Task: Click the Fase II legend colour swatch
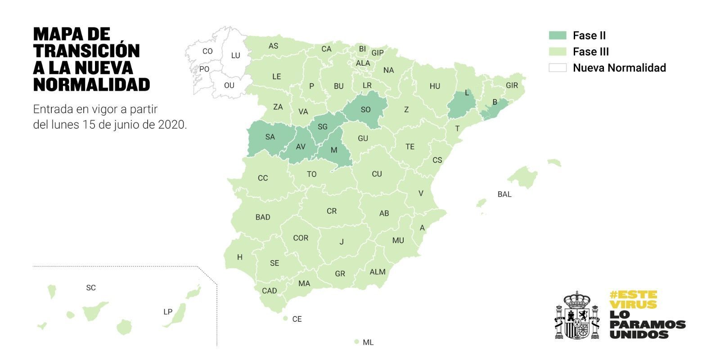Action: click(557, 36)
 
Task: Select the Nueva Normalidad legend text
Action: click(619, 68)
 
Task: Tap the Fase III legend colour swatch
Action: click(557, 52)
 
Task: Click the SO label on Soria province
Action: click(365, 109)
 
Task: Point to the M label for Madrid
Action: click(334, 150)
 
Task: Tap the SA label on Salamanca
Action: click(270, 137)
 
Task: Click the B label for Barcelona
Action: click(495, 102)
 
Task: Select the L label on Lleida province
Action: click(467, 93)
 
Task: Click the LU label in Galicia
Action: click(235, 56)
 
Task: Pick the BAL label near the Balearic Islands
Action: click(504, 194)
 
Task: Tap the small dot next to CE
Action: click(285, 318)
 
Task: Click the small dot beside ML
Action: click(356, 342)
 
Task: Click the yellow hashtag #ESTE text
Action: click(633, 295)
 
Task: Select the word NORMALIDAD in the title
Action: click(92, 84)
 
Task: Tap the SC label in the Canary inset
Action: click(91, 288)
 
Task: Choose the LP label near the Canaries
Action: click(168, 312)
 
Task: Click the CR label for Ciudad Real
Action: click(332, 211)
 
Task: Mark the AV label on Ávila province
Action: click(301, 147)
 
